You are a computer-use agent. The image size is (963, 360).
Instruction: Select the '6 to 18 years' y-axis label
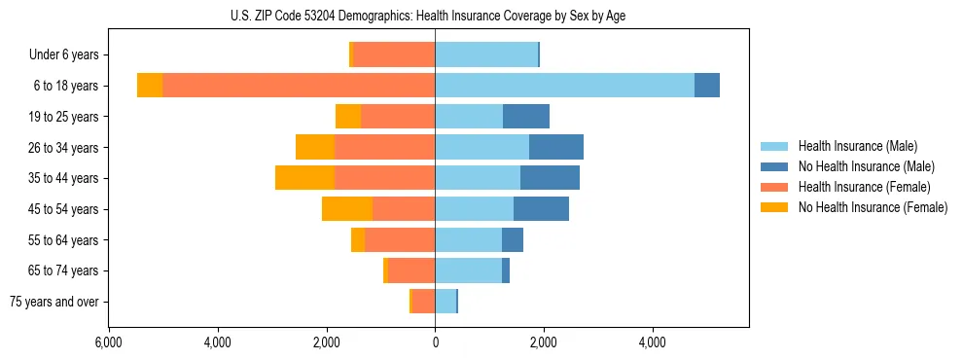click(65, 86)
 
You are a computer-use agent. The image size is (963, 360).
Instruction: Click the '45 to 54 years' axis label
click(63, 209)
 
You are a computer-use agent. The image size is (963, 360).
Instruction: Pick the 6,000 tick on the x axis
click(109, 342)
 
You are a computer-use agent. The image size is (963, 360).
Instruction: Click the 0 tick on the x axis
click(435, 342)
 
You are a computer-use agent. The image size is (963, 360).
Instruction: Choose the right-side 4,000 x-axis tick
click(652, 342)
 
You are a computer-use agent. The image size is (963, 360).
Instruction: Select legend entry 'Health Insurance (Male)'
click(857, 146)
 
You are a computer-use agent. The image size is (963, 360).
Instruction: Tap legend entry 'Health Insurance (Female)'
click(864, 187)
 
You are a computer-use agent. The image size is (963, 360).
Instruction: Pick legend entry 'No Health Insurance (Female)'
click(873, 207)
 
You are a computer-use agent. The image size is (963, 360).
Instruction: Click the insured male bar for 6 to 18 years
click(564, 86)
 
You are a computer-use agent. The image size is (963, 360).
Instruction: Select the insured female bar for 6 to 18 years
click(299, 86)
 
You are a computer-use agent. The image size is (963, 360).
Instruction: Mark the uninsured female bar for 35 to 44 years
click(304, 178)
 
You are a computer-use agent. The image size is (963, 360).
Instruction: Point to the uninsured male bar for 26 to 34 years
click(556, 147)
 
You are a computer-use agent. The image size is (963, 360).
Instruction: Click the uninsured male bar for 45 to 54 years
click(541, 209)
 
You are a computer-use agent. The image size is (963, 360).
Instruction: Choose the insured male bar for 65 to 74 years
click(468, 270)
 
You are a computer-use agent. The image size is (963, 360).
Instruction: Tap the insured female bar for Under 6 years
click(394, 55)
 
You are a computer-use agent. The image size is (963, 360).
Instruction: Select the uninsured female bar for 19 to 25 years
click(348, 117)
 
